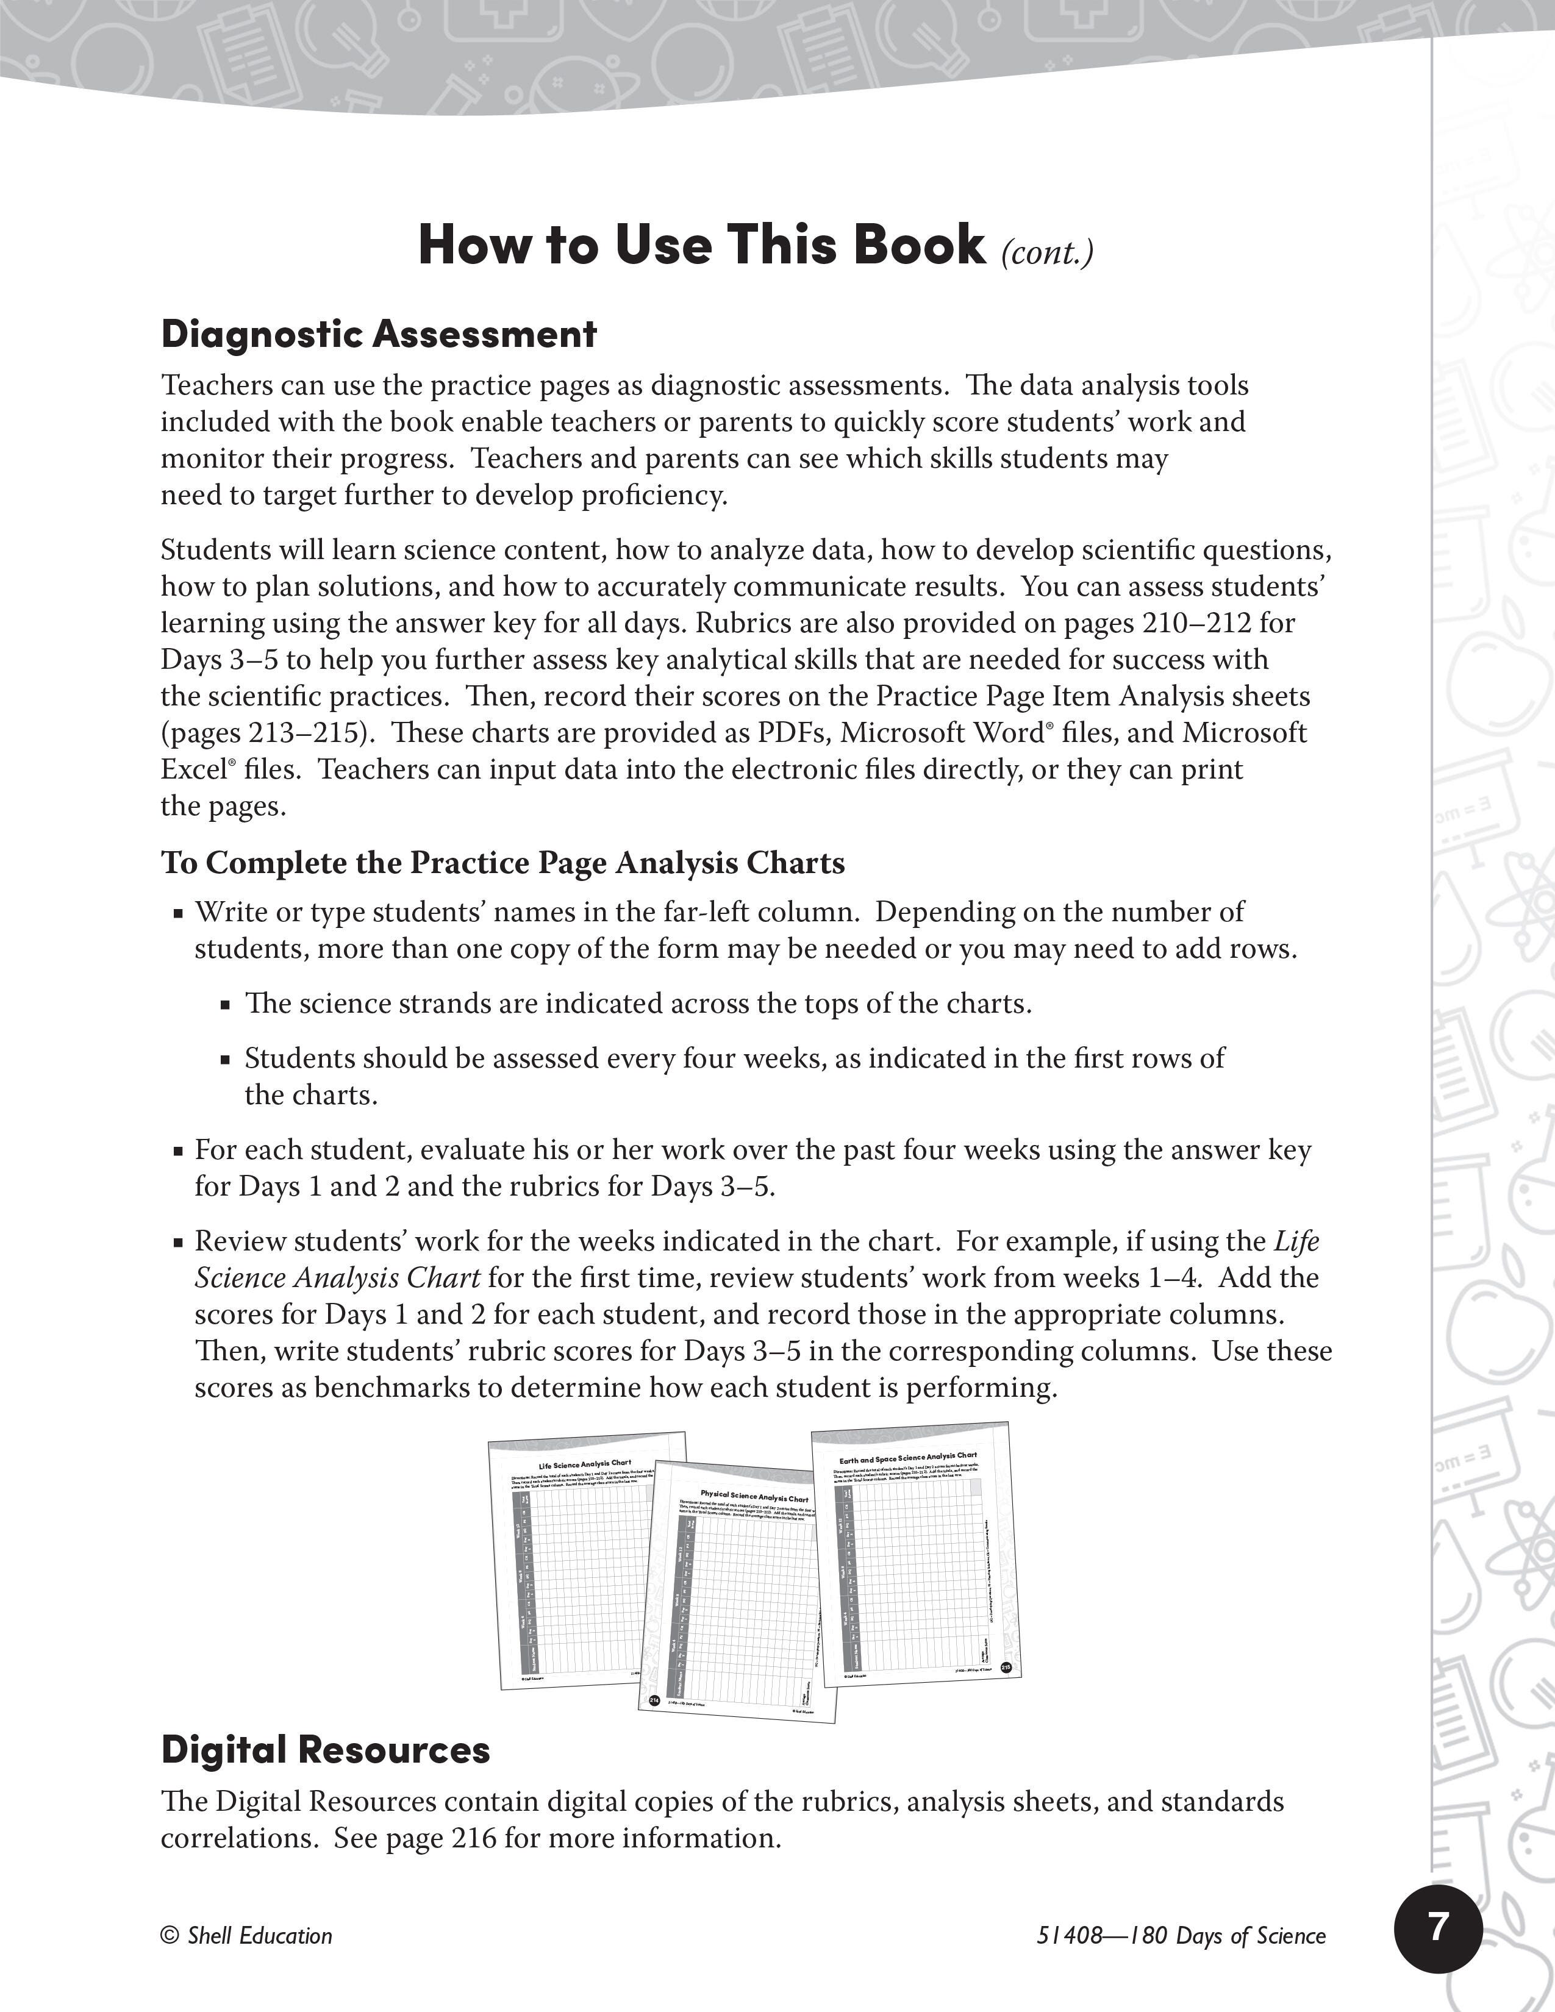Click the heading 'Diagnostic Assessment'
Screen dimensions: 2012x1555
pos(379,334)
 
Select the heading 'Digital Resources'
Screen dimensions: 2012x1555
pos(325,1750)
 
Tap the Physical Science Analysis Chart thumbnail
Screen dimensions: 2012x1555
pos(737,1603)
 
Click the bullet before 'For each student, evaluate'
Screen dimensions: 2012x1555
pos(179,1152)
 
